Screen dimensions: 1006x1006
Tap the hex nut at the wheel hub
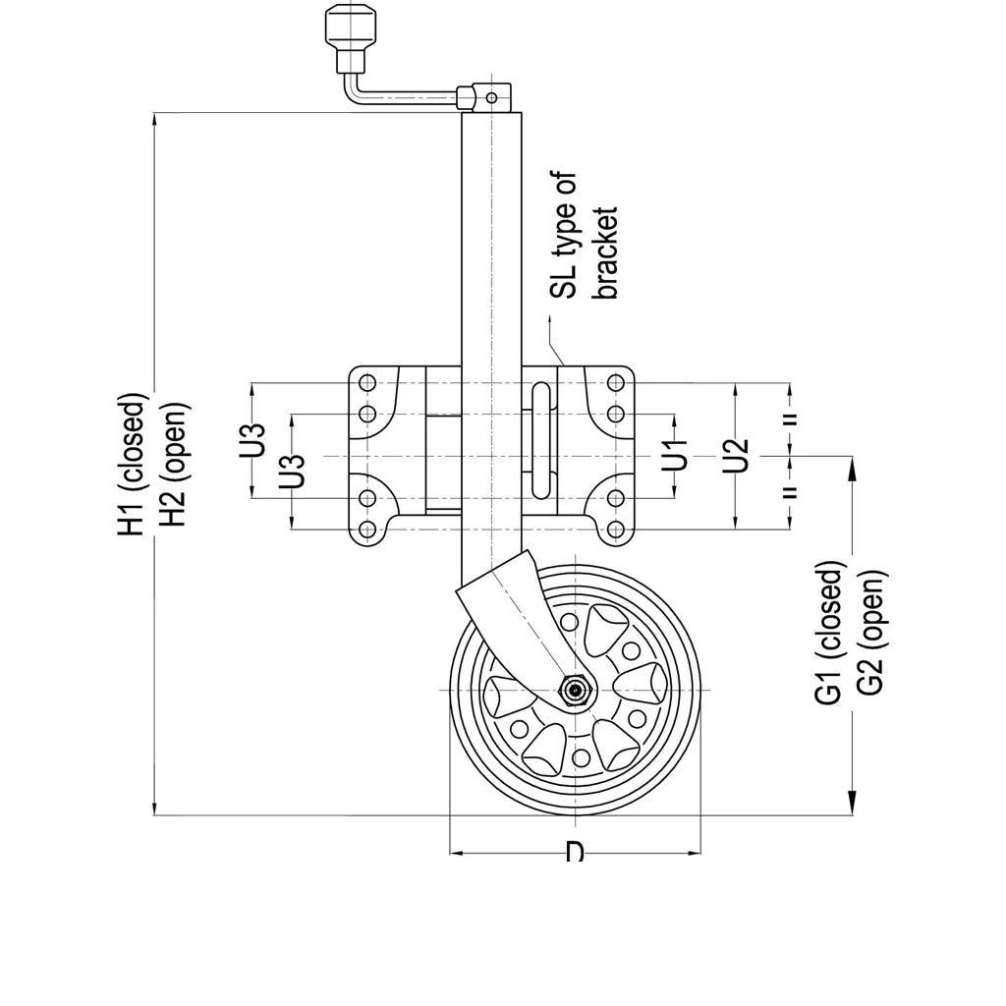click(574, 690)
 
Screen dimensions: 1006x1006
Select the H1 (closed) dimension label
click(133, 465)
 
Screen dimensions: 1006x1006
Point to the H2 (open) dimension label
click(173, 465)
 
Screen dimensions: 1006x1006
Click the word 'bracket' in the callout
click(606, 252)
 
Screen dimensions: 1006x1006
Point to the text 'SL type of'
click(564, 235)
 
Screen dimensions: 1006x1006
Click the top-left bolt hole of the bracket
click(367, 382)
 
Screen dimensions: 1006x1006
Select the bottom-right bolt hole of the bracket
click(616, 531)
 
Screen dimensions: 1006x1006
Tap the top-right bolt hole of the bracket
click(616, 382)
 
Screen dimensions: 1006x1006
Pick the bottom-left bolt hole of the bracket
click(367, 531)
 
